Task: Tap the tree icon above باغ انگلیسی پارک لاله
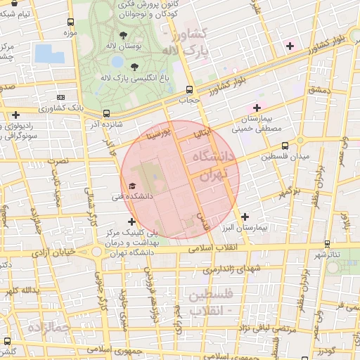pos(134,67)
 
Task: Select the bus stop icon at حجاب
pos(188,89)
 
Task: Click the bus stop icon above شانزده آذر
pos(106,113)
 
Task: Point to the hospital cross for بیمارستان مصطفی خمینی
pos(257,108)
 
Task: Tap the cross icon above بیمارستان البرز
pos(245,217)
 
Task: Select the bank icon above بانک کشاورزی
pos(60,97)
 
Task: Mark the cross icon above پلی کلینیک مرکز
pos(131,221)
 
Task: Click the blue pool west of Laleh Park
pos(44,53)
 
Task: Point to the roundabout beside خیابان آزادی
pos(96,251)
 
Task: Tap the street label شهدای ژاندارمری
pos(231,269)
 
